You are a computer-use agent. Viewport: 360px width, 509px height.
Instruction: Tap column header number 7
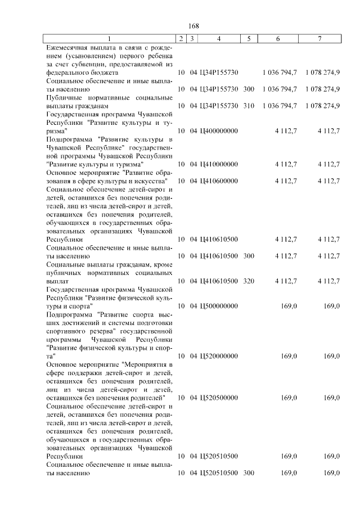point(319,38)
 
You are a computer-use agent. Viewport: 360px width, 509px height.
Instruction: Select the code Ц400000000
point(219,130)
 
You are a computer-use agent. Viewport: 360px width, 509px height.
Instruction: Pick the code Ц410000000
point(219,164)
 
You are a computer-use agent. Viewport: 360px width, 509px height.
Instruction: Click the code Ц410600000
point(219,181)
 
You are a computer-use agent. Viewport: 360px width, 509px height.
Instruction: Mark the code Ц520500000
point(219,397)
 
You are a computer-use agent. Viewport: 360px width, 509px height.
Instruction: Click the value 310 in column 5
point(249,105)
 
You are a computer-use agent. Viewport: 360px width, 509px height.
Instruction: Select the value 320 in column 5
point(249,281)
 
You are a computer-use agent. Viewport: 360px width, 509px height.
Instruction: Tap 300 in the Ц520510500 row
point(249,473)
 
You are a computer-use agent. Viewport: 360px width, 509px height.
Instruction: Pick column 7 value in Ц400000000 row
point(328,130)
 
